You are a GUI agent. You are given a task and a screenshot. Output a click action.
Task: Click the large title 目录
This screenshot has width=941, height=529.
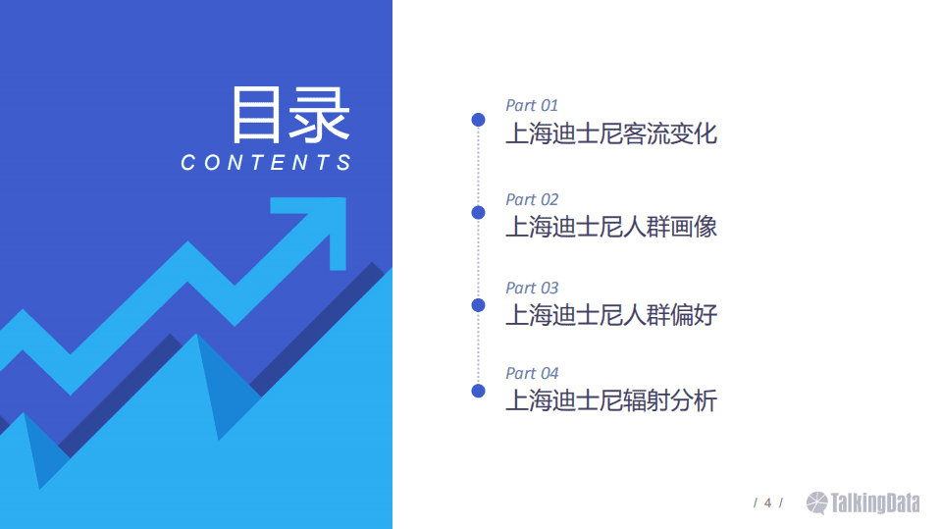[290, 115]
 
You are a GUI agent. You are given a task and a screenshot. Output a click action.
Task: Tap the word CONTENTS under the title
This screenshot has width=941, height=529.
[266, 163]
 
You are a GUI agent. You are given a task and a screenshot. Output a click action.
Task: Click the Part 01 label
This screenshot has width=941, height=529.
[532, 105]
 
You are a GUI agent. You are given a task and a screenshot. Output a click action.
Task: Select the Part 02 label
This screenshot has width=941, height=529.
[532, 199]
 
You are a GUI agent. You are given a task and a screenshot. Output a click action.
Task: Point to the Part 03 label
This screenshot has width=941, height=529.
[532, 288]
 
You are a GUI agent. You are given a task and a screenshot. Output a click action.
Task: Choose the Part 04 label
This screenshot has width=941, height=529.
[532, 373]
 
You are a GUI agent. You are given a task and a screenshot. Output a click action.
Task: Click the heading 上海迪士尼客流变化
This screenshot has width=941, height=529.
[611, 132]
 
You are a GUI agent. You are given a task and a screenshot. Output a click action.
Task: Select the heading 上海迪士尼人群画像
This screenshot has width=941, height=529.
[611, 227]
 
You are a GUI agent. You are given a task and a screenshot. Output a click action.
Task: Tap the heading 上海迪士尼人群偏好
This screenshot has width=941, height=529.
[611, 315]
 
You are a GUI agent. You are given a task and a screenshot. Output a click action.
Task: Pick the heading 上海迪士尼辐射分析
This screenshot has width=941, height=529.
[611, 400]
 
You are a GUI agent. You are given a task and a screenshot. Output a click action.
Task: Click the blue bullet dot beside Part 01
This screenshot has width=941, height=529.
[478, 120]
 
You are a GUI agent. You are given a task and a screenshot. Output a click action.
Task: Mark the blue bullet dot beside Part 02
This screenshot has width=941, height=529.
[478, 212]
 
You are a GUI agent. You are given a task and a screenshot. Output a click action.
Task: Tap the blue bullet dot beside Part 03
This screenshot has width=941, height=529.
[478, 304]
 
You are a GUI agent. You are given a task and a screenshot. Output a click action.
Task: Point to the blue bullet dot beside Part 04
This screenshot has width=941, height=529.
[478, 391]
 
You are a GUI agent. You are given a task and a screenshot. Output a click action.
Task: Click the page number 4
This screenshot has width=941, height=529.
[767, 503]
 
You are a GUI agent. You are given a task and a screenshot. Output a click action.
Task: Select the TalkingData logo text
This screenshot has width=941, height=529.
[875, 503]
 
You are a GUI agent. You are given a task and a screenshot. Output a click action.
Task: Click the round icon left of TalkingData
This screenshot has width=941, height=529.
[817, 503]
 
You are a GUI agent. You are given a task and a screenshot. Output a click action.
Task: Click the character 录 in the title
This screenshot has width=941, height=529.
[320, 115]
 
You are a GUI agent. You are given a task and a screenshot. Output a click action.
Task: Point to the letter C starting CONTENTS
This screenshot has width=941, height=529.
[188, 163]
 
